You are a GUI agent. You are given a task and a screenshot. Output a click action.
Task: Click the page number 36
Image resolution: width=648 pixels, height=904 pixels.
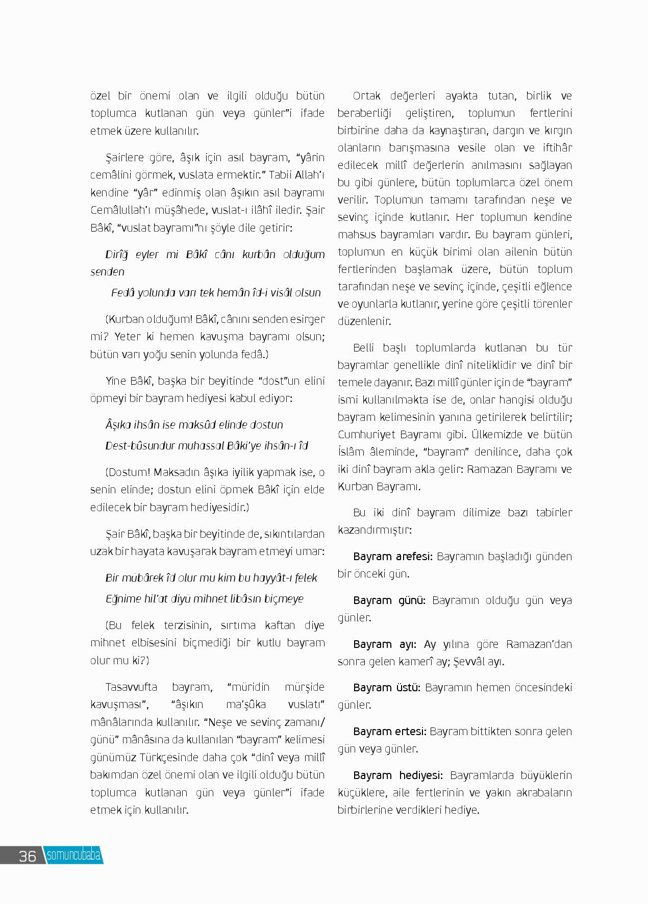pyautogui.click(x=27, y=856)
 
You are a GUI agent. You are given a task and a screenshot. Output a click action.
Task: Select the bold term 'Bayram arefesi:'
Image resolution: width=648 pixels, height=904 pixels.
pyautogui.click(x=392, y=556)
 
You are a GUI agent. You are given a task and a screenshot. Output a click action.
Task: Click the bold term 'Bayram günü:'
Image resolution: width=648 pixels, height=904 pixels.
pyautogui.click(x=389, y=600)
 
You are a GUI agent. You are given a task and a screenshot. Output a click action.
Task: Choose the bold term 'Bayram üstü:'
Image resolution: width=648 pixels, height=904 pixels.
pyautogui.click(x=386, y=687)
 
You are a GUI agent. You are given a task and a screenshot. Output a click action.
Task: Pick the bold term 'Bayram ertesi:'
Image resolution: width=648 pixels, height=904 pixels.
pyautogui.click(x=389, y=731)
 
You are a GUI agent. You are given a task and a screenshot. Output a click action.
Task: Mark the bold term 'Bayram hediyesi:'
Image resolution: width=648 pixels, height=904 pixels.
pyautogui.click(x=398, y=775)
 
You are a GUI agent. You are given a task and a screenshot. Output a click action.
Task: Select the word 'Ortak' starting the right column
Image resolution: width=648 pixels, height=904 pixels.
pyautogui.click(x=365, y=96)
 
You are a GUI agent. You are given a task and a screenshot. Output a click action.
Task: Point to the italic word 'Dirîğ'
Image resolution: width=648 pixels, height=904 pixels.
pyautogui.click(x=118, y=254)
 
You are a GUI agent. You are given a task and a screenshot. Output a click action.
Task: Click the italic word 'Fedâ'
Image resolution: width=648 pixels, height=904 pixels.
pyautogui.click(x=122, y=292)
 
